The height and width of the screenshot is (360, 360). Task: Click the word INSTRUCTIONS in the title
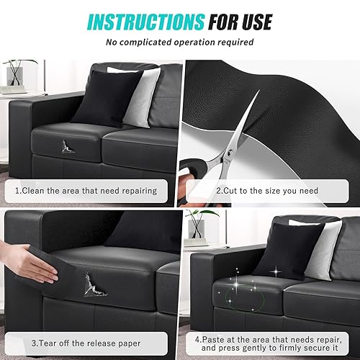tap(146, 22)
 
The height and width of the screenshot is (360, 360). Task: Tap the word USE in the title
tap(257, 22)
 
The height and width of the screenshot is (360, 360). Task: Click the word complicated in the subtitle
tap(145, 42)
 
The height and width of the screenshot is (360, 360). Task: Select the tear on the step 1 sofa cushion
tap(67, 147)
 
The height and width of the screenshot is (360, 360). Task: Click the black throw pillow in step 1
tap(107, 99)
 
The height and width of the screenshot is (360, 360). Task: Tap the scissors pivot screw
tap(230, 152)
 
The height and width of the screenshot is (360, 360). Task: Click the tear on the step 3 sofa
tap(94, 285)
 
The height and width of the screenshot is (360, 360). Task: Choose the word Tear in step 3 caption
tap(48, 343)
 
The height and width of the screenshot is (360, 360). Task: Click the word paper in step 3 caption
tap(128, 344)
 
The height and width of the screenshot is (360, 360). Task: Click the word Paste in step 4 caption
tap(213, 340)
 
